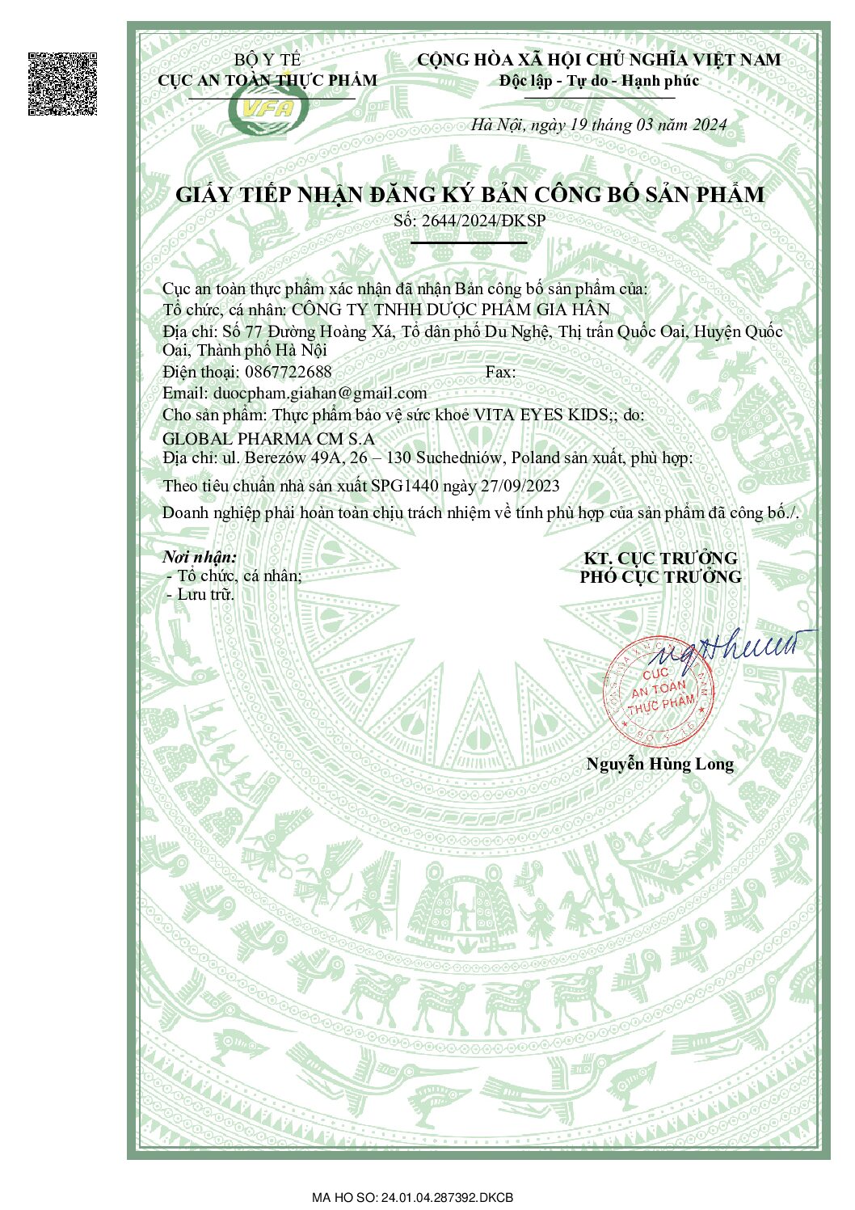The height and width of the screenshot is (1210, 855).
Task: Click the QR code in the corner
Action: point(62,84)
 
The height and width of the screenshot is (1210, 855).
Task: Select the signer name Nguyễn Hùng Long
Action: point(659,764)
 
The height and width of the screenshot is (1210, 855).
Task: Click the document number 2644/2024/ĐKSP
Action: point(483,221)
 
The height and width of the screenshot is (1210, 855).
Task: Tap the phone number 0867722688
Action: point(289,372)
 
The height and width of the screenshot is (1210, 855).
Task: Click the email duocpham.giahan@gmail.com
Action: point(320,394)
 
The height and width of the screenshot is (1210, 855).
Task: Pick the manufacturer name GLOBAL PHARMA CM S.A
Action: point(268,439)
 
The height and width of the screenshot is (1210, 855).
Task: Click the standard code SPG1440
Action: point(405,486)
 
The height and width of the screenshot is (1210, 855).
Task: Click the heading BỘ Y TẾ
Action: point(267,60)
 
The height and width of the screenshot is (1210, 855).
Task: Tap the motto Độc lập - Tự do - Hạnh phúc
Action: point(599,81)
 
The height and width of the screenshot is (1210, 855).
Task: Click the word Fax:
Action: point(500,372)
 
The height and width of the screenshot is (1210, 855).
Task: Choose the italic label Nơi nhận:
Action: point(200,557)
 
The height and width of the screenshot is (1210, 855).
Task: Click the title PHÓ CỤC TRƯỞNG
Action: point(660,577)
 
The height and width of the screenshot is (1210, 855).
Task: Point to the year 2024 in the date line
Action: point(709,125)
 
